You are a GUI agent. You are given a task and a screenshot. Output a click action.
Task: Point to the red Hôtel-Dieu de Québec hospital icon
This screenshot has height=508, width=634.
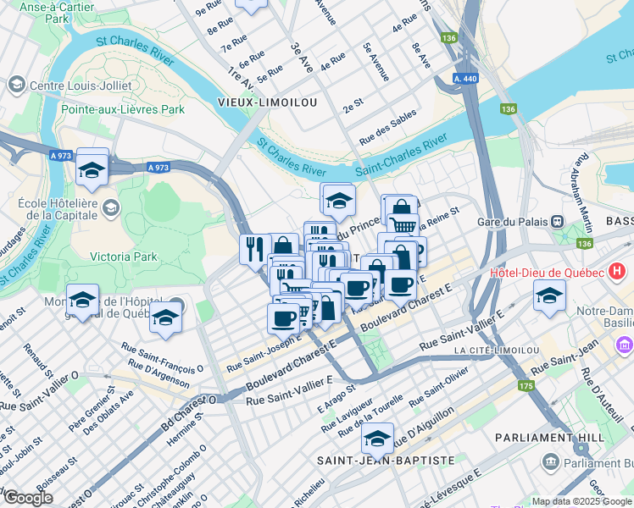click(617, 273)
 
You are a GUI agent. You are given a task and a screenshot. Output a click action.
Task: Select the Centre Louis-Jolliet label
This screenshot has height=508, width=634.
click(81, 86)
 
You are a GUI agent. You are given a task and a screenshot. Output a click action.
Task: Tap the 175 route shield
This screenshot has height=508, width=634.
click(527, 386)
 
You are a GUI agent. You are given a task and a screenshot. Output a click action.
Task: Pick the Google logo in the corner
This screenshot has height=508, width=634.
click(28, 498)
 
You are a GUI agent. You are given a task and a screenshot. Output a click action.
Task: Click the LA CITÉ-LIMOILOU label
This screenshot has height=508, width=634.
click(497, 351)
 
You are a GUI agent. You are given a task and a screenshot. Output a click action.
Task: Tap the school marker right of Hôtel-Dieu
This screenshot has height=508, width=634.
click(549, 296)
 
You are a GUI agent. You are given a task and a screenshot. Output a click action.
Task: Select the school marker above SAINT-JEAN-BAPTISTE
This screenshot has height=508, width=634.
click(377, 439)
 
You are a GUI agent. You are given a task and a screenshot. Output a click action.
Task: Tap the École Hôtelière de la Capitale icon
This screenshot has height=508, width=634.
click(110, 208)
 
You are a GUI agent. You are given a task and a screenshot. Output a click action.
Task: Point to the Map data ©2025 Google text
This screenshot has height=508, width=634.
click(582, 501)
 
